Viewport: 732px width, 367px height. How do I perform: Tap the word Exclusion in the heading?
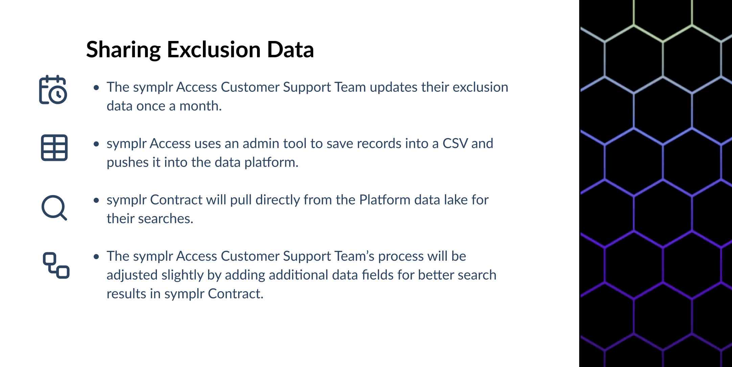click(x=213, y=49)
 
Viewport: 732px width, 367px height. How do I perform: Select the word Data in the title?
click(x=291, y=49)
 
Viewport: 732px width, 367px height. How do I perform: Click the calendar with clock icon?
click(x=53, y=90)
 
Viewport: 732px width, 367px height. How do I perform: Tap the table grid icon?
click(x=54, y=148)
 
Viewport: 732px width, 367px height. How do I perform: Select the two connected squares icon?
click(x=56, y=265)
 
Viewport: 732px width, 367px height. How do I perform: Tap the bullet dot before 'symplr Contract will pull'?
click(x=96, y=200)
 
